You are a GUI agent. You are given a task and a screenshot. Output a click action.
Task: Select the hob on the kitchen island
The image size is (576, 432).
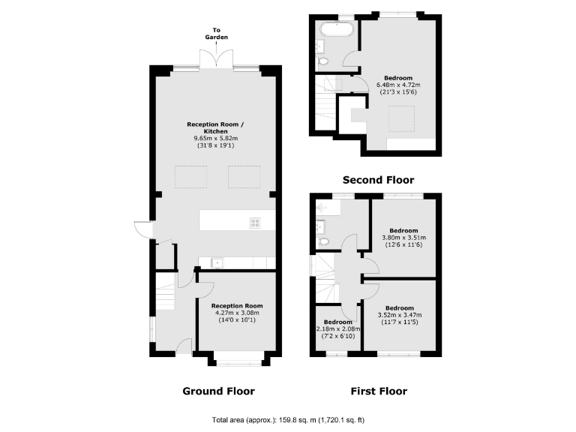point(255,222)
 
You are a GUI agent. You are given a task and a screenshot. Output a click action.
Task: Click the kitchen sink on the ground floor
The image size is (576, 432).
point(216,262)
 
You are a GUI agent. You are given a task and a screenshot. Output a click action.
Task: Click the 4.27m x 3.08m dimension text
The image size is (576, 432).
point(237,314)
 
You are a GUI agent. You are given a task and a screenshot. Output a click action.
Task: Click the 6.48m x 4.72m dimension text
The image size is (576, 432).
point(398,85)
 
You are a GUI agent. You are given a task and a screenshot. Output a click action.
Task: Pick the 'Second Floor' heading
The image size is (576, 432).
point(378,180)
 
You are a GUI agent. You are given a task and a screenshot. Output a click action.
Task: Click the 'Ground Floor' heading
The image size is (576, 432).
point(218,391)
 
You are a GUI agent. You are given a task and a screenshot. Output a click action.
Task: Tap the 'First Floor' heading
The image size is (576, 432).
point(379,391)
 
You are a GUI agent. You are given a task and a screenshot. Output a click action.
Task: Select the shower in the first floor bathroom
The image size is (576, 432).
point(323,205)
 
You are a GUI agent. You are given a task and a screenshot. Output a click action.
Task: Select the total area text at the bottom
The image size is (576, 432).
point(288,419)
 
